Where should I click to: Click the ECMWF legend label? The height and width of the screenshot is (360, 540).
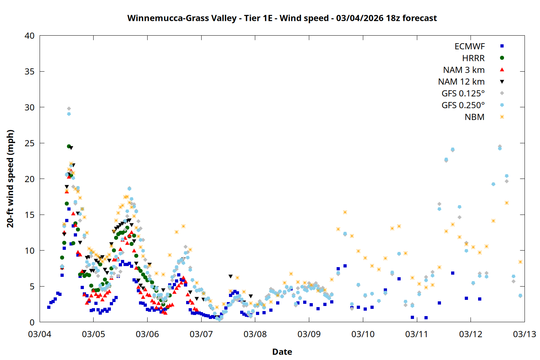[x=469, y=46]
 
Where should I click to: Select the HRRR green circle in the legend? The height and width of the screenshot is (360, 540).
[x=502, y=58]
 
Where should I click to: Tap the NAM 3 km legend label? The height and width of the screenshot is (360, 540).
[x=464, y=70]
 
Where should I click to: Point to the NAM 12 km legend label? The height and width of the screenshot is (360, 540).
[x=461, y=82]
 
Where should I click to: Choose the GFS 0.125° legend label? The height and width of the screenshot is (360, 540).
[x=463, y=94]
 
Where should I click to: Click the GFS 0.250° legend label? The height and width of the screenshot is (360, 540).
[x=463, y=105]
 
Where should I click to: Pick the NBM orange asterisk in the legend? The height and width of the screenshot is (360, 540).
[x=502, y=117]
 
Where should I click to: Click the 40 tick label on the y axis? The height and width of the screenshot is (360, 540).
[x=30, y=36]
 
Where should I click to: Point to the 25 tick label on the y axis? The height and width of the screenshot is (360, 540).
[x=30, y=143]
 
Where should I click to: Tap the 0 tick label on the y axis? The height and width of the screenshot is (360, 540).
[x=32, y=323]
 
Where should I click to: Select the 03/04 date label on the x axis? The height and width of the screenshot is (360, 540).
[x=40, y=334]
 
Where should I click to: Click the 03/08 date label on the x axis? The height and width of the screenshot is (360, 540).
[x=255, y=334]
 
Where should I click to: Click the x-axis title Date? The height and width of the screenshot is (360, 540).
[x=282, y=352]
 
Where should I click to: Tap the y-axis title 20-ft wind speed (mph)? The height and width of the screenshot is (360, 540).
[x=10, y=179]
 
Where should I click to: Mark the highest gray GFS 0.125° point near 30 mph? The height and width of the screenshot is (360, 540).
[x=69, y=108]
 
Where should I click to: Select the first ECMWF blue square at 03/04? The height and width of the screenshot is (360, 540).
[x=49, y=307]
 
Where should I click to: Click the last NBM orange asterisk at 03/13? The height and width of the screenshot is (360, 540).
[x=520, y=262]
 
